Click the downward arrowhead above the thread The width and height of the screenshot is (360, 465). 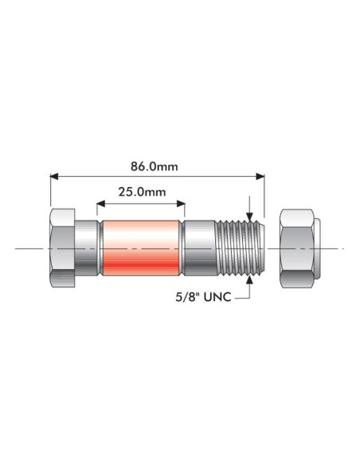[250, 214]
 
